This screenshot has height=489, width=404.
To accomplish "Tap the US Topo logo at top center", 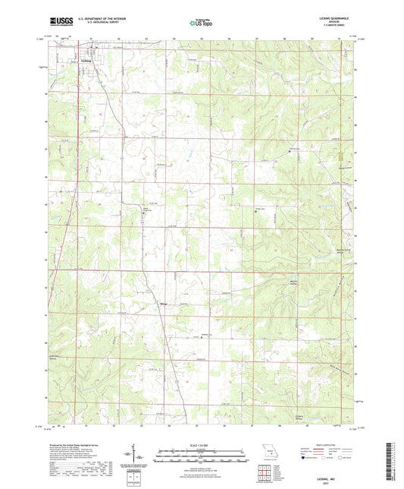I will click(201, 23).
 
